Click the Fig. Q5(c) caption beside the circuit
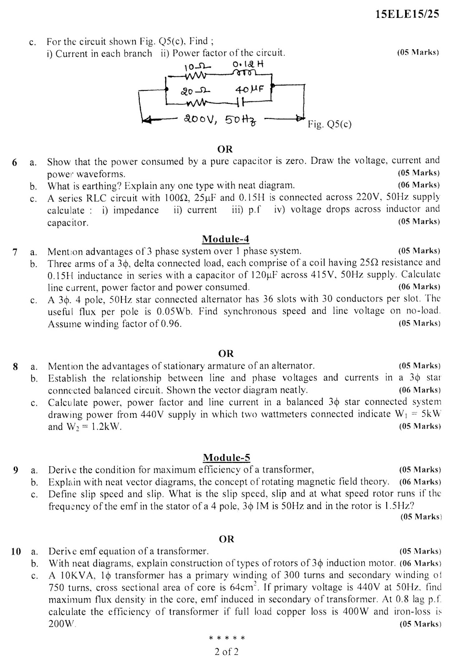point(330,124)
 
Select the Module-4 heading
point(225,239)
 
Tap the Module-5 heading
point(226,457)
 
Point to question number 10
point(16,551)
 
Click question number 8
point(15,366)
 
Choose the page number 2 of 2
point(227,652)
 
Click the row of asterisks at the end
point(227,638)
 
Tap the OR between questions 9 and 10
point(226,539)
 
